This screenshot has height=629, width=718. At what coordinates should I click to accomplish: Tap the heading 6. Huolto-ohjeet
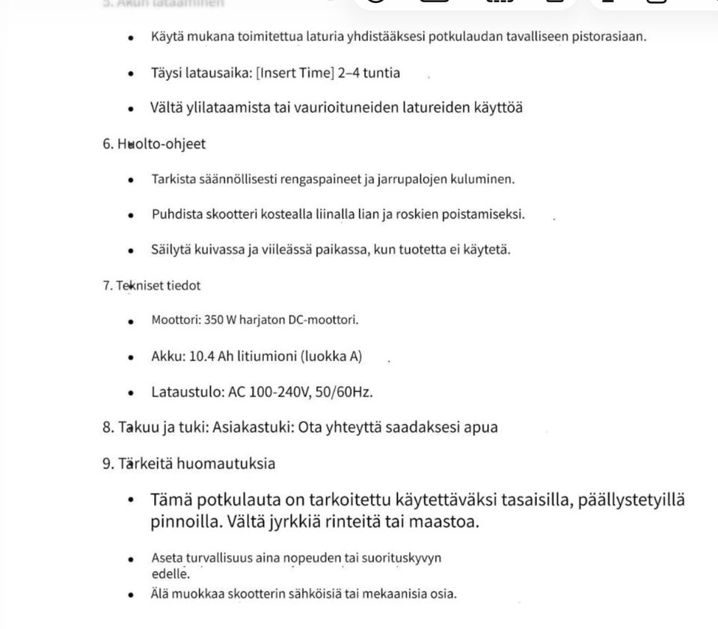(154, 144)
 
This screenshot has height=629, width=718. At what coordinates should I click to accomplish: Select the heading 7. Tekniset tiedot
(152, 285)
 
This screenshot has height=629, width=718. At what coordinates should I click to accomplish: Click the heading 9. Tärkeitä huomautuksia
(189, 464)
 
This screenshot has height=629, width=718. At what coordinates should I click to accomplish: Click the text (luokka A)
(331, 356)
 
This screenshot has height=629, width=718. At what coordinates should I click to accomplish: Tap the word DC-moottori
(322, 320)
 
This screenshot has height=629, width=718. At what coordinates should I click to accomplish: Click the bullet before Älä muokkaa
(131, 595)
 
